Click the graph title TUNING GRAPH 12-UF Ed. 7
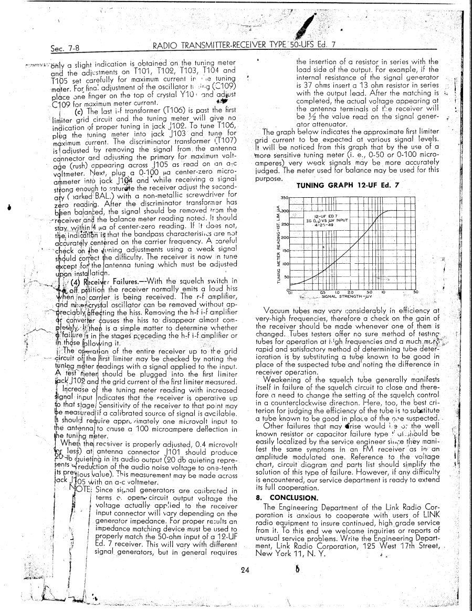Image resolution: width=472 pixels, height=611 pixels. [x=348, y=185]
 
